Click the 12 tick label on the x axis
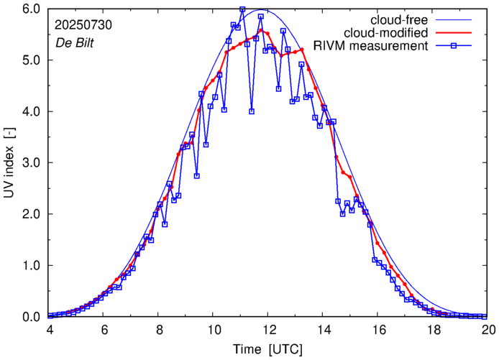click(269, 329)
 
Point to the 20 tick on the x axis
click(489, 329)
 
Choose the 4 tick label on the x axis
click(49, 329)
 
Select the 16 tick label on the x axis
click(379, 329)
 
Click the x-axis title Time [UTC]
click(268, 349)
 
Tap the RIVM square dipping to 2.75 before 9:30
click(196, 176)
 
